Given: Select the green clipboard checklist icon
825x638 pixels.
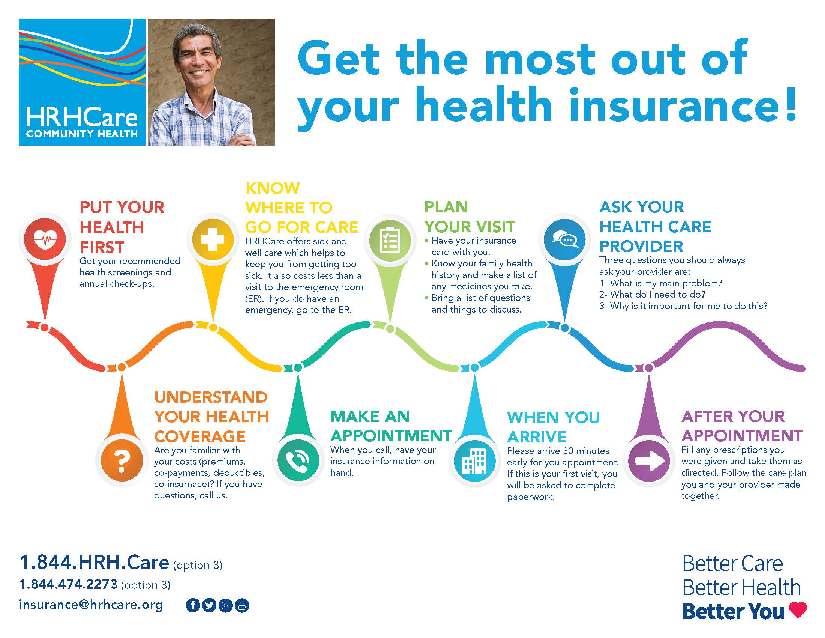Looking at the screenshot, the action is click(x=390, y=241).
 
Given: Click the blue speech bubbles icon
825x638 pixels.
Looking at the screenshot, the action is click(x=564, y=240).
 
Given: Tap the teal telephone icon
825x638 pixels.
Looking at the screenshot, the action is click(x=298, y=460).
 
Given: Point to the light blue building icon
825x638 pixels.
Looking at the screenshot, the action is click(x=475, y=461).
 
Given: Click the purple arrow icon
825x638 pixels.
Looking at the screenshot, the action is click(x=649, y=460).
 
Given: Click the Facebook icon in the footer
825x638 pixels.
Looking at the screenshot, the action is click(x=193, y=605).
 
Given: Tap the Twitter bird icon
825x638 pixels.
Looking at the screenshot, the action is click(x=209, y=605).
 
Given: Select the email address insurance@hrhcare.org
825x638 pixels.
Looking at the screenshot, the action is click(x=91, y=605).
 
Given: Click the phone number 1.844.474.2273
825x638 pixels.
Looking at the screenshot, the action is click(x=68, y=584).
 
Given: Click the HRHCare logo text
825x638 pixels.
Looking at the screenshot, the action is click(x=82, y=117).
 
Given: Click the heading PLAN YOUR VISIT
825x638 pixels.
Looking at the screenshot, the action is click(x=469, y=217).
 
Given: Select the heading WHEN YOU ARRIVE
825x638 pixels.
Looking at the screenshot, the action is click(x=553, y=427).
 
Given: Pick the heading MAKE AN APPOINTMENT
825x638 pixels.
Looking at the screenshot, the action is click(x=391, y=426).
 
